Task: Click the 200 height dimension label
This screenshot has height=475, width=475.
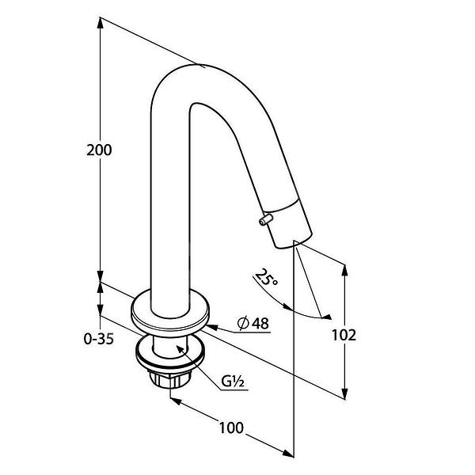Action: click(99, 150)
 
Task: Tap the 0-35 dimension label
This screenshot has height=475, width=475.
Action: click(99, 339)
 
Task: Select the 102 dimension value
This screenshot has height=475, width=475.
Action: click(344, 336)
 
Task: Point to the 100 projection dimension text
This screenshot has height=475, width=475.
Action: click(231, 427)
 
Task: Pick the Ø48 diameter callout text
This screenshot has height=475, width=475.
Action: click(253, 323)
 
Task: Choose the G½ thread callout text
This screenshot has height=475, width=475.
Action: click(232, 382)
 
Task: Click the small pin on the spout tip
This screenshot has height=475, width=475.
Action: click(266, 219)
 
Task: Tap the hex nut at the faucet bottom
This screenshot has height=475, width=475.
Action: click(169, 378)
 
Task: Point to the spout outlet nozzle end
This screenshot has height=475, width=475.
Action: click(290, 223)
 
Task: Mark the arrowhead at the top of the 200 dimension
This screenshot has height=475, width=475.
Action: click(101, 23)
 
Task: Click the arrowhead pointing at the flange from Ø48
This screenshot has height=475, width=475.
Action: click(212, 327)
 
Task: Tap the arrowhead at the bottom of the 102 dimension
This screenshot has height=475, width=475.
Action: click(344, 393)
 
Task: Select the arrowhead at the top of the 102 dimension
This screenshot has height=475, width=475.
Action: click(344, 271)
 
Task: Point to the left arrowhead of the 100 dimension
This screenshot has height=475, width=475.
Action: click(176, 401)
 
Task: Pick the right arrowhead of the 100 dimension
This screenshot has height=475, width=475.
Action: click(288, 453)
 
